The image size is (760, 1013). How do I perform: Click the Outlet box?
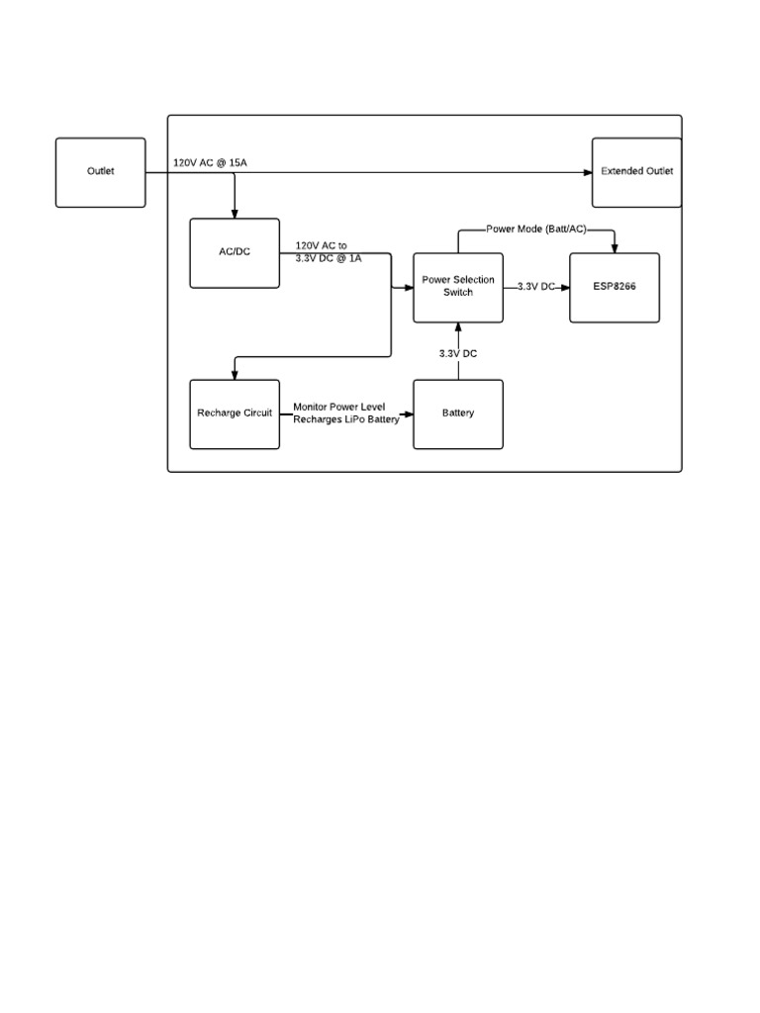[100, 172]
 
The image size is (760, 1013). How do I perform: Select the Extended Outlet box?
[636, 172]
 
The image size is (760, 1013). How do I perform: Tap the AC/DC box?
[235, 252]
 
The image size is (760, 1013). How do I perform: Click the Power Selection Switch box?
[457, 287]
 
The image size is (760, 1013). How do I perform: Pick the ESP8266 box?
[614, 287]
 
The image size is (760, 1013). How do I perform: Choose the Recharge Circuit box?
[235, 414]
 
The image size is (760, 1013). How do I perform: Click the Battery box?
[457, 414]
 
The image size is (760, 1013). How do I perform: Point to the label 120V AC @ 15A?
[210, 161]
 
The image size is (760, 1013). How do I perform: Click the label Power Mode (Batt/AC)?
[535, 230]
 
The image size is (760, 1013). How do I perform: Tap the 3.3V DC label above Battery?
[458, 353]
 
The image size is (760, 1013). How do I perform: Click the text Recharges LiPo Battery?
[346, 419]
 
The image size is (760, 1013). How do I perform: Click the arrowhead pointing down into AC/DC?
[235, 213]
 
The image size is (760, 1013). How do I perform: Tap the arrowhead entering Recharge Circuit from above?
[235, 374]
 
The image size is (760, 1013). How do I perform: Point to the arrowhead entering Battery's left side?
[408, 414]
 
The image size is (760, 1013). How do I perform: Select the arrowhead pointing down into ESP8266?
[615, 247]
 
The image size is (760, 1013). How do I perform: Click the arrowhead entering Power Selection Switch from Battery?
[458, 327]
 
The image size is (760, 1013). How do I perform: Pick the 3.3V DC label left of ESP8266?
[536, 287]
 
